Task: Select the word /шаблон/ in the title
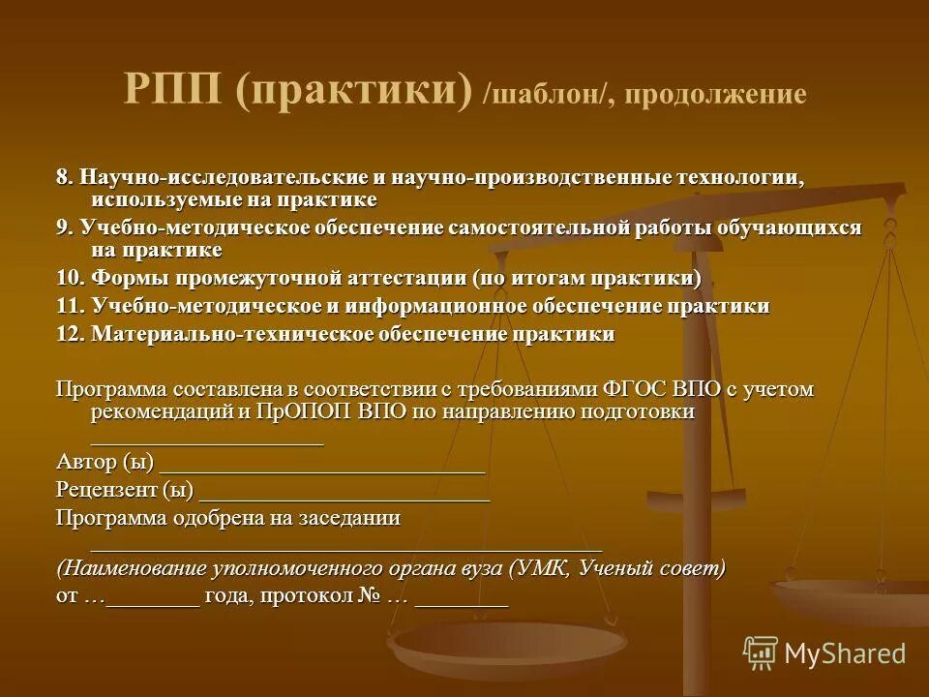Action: pyautogui.click(x=550, y=95)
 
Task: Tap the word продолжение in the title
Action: pyautogui.click(x=715, y=95)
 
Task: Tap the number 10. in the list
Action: pyautogui.click(x=71, y=279)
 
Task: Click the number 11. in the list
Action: pyautogui.click(x=71, y=307)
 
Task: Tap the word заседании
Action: pyautogui.click(x=349, y=518)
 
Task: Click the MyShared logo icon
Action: pyautogui.click(x=761, y=652)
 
